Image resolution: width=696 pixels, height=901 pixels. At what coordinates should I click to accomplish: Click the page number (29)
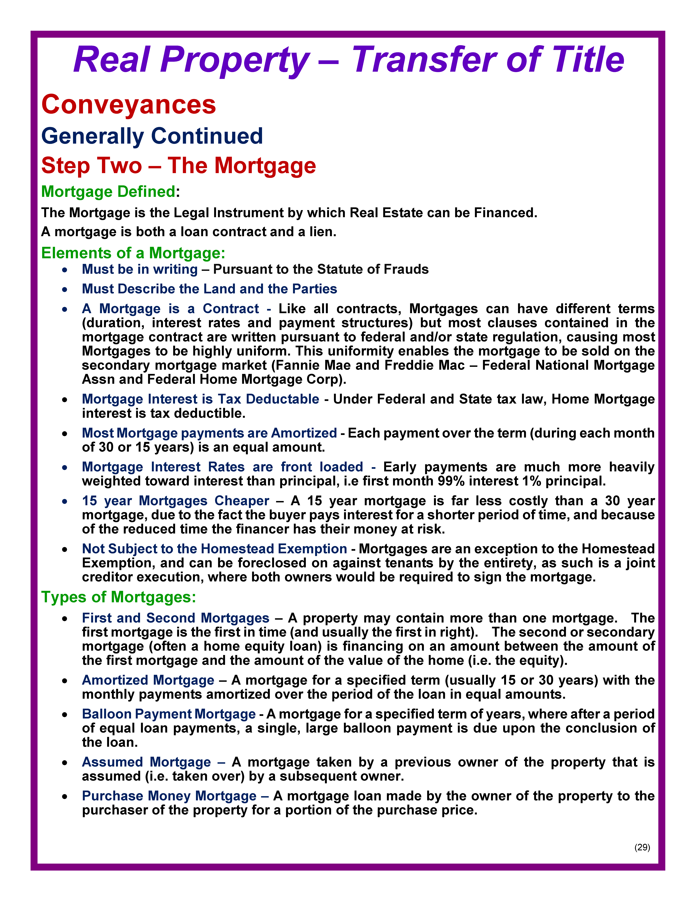click(642, 847)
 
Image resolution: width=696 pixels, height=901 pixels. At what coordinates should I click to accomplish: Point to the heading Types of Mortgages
click(118, 597)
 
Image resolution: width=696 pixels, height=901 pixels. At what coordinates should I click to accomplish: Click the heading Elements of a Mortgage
click(133, 253)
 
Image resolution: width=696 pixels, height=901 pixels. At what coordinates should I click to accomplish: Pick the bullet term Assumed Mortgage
click(146, 762)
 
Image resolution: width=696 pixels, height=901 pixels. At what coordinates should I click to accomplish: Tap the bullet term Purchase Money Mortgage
click(169, 796)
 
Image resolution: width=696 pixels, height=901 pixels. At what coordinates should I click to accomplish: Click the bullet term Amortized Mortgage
click(148, 680)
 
